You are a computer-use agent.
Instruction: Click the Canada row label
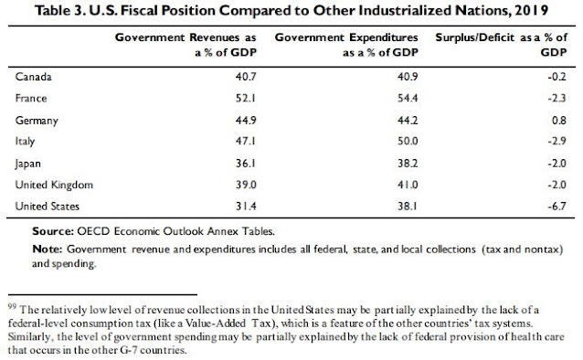34,77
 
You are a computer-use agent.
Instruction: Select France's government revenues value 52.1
246,98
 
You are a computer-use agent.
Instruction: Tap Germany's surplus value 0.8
559,120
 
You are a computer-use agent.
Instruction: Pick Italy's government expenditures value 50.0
408,141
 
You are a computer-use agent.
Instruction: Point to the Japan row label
28,164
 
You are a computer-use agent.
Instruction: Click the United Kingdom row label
54,185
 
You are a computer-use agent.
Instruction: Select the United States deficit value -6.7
557,206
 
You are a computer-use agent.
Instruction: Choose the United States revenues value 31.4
246,206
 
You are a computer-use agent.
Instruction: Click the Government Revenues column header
185,45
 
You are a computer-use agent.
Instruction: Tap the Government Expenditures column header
346,45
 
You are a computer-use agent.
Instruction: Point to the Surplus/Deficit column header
502,45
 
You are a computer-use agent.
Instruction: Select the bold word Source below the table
53,231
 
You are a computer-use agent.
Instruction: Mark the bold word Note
47,249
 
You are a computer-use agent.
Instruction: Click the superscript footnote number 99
12,306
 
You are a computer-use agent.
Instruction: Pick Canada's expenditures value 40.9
408,77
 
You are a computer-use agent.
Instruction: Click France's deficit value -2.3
557,98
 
